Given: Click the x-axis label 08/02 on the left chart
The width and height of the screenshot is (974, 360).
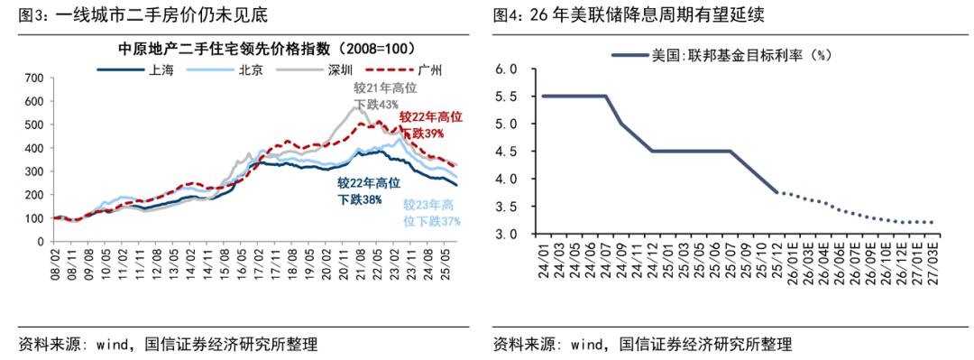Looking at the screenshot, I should click(57, 270).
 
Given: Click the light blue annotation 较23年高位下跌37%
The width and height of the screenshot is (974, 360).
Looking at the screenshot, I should click(431, 212).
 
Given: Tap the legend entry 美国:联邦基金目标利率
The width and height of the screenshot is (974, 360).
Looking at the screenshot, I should click(740, 55).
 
